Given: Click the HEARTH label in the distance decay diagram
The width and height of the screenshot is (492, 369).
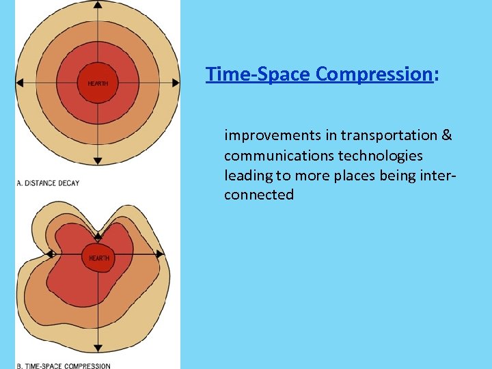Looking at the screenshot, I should tap(98, 83).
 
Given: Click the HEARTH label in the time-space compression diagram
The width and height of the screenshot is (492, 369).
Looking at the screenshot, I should tap(98, 258).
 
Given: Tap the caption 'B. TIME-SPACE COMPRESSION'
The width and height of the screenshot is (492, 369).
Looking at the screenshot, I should tap(63, 366).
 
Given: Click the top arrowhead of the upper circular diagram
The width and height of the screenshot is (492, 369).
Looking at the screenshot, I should tap(98, 5).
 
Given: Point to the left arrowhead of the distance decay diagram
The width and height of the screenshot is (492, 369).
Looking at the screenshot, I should tap(19, 83).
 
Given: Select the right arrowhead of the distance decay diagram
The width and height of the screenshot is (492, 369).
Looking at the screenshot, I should tap(176, 83).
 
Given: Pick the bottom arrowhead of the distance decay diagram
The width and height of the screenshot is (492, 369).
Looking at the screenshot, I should tap(98, 161).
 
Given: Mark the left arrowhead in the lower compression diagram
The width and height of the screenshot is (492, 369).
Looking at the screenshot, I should tap(50, 254).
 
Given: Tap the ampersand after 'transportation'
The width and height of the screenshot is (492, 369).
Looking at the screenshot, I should tap(447, 135).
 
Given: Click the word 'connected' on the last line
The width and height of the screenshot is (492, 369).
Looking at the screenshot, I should tap(258, 195).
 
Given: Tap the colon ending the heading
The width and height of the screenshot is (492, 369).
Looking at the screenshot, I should tap(436, 74).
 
